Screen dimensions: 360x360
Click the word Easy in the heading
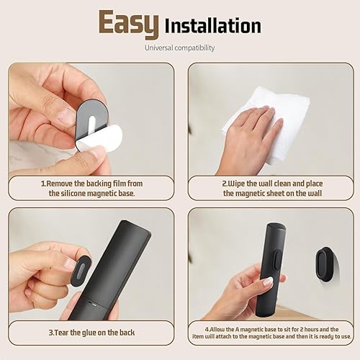click(128, 24)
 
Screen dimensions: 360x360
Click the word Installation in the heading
click(213, 26)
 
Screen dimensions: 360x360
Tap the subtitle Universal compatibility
click(179, 48)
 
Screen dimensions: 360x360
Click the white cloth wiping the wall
click(265, 125)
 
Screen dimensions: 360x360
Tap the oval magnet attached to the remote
click(277, 261)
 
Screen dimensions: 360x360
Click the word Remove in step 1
click(59, 184)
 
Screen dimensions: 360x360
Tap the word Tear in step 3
click(61, 333)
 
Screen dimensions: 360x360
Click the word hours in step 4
click(312, 329)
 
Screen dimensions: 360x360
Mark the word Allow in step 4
click(217, 329)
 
